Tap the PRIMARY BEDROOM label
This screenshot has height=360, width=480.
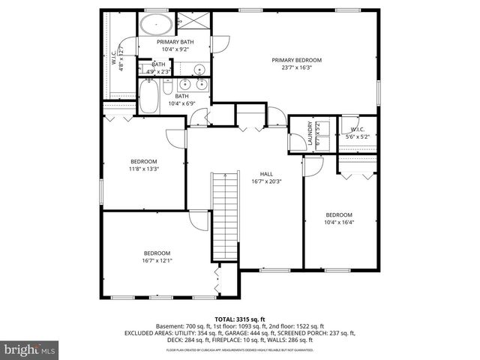pyautogui.click(x=296, y=59)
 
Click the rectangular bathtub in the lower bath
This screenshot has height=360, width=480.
pyautogui.click(x=148, y=96)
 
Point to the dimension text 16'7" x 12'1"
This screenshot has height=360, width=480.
pyautogui.click(x=157, y=261)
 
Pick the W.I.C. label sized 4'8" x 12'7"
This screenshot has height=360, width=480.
pyautogui.click(x=116, y=58)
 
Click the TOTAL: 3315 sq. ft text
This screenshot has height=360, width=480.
pyautogui.click(x=239, y=319)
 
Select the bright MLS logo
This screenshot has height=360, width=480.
pyautogui.click(x=30, y=349)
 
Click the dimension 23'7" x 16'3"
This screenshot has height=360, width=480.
pyautogui.click(x=296, y=67)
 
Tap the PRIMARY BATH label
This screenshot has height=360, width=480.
pyautogui.click(x=175, y=42)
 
